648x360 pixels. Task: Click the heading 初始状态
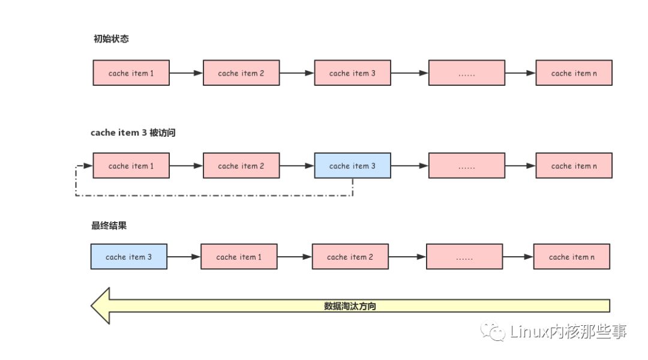[111, 39]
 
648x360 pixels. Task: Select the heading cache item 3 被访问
[133, 133]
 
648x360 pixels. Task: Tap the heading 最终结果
[109, 226]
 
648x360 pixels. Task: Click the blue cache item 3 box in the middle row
[352, 166]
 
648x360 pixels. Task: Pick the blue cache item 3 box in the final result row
[129, 257]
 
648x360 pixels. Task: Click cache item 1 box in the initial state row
[131, 73]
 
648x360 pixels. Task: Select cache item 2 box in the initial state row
[241, 73]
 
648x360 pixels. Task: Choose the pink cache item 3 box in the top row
[352, 73]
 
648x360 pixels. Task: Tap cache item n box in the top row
[574, 73]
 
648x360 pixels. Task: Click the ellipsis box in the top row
[467, 73]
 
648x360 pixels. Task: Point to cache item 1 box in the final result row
[239, 257]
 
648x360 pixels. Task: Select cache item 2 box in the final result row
[350, 257]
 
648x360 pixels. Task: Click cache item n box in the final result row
[572, 257]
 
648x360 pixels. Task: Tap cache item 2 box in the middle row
[241, 166]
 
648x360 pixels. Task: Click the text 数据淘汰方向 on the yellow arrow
[350, 306]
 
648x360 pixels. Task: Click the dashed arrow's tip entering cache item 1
[89, 166]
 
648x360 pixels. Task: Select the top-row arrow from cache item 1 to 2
[186, 73]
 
